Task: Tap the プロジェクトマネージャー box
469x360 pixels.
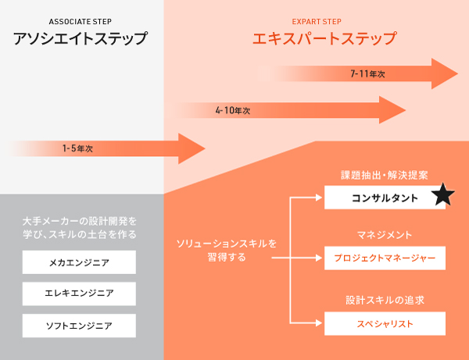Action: coord(385,257)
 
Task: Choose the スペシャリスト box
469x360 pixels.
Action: coord(385,323)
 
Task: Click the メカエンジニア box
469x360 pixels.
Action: coord(80,262)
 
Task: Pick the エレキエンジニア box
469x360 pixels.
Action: coord(80,294)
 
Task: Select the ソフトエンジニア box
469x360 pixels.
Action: coord(80,325)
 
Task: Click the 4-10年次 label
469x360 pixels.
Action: coord(232,111)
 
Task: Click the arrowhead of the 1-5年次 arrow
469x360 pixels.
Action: coord(191,148)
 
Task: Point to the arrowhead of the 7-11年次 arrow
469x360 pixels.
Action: coord(445,73)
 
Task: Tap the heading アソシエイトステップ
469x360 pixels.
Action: coord(81,38)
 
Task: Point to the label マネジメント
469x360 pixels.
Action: coord(385,234)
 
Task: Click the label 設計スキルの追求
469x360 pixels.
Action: coord(385,300)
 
